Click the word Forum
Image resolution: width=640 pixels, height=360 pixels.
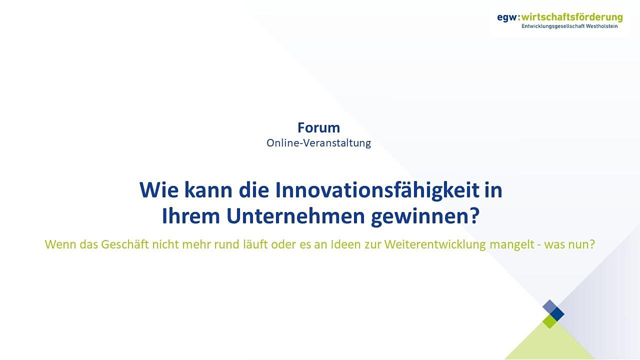(x=318, y=127)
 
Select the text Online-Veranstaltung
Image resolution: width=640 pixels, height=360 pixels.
(x=318, y=143)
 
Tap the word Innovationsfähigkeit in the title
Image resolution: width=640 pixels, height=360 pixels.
(x=377, y=190)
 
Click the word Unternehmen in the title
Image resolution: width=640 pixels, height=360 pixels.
(x=295, y=216)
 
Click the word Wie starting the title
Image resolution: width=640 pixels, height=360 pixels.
(x=159, y=190)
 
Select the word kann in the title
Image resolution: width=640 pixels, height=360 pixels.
(x=208, y=190)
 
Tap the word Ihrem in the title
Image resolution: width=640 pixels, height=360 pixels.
(x=190, y=216)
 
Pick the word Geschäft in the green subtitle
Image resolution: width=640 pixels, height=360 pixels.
(x=125, y=244)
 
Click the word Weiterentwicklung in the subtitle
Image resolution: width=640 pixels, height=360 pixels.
(x=435, y=245)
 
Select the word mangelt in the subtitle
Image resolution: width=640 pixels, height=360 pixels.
(x=511, y=245)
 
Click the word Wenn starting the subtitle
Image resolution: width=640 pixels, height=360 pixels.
(x=60, y=244)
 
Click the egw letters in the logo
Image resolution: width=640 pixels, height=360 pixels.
(x=507, y=18)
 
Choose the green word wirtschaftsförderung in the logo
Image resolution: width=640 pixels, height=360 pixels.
(x=572, y=17)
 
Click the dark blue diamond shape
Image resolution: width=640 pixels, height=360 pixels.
(x=557, y=314)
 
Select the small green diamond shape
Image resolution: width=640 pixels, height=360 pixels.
(x=549, y=321)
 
